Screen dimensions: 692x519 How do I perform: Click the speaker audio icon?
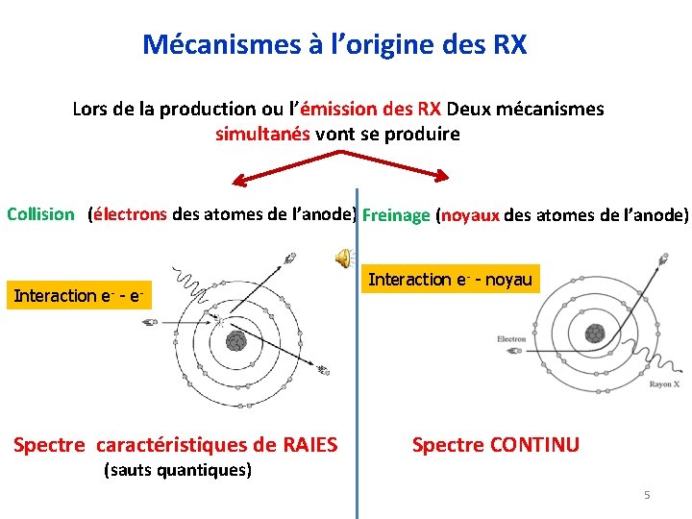click(x=342, y=255)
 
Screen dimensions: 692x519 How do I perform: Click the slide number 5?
click(x=647, y=495)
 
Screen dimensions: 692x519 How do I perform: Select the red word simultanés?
click(x=262, y=134)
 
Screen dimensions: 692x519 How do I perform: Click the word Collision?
click(x=40, y=214)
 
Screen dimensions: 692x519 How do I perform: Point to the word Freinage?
click(x=397, y=215)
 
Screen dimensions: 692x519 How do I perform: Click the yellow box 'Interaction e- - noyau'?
click(x=451, y=280)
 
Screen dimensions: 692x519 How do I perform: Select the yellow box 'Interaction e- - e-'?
click(x=79, y=296)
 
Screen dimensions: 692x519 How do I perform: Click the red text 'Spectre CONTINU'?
click(x=495, y=444)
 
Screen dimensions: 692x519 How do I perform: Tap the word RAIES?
click(x=309, y=444)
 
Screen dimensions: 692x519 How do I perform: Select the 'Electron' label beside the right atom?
click(x=511, y=339)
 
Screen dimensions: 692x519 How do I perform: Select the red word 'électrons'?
click(x=130, y=214)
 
